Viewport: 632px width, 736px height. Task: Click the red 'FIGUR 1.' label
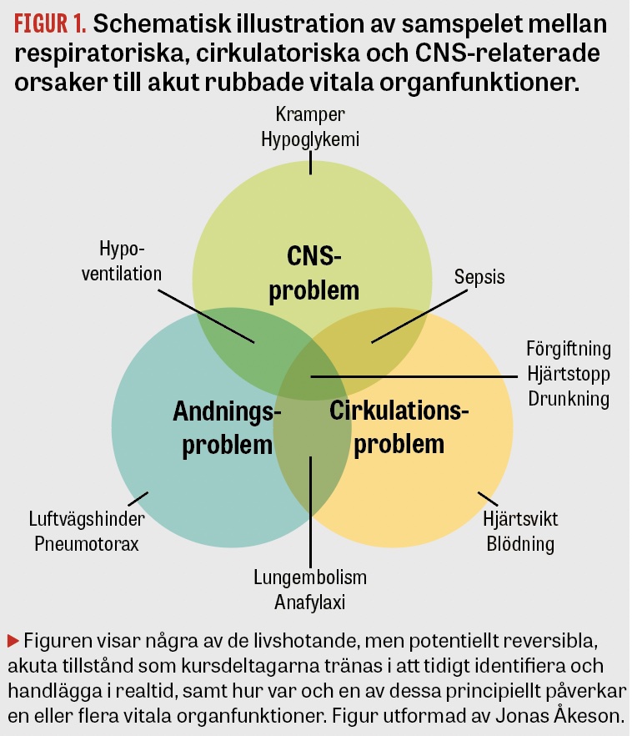(50, 23)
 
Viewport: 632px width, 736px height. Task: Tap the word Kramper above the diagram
(310, 114)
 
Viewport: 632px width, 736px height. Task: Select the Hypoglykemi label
(310, 139)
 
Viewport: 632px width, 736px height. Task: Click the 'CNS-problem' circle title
(313, 273)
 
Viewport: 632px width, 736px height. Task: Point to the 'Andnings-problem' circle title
(227, 427)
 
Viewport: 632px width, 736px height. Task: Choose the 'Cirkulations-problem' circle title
(399, 427)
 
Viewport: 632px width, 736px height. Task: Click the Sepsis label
(479, 277)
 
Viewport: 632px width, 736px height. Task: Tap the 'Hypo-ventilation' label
(122, 261)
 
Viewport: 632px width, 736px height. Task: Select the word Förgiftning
(569, 349)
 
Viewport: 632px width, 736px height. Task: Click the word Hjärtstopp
(569, 374)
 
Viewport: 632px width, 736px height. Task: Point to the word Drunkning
(569, 399)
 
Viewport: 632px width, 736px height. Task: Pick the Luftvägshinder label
(87, 519)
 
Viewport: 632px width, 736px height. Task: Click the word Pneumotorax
(87, 544)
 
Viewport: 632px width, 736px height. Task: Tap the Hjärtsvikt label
(520, 519)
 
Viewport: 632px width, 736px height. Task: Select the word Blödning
(520, 544)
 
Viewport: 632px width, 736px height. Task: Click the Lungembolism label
(310, 577)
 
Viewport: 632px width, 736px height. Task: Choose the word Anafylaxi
(310, 602)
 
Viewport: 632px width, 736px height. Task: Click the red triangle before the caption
(13, 641)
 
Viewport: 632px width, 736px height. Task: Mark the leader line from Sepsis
(419, 316)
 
